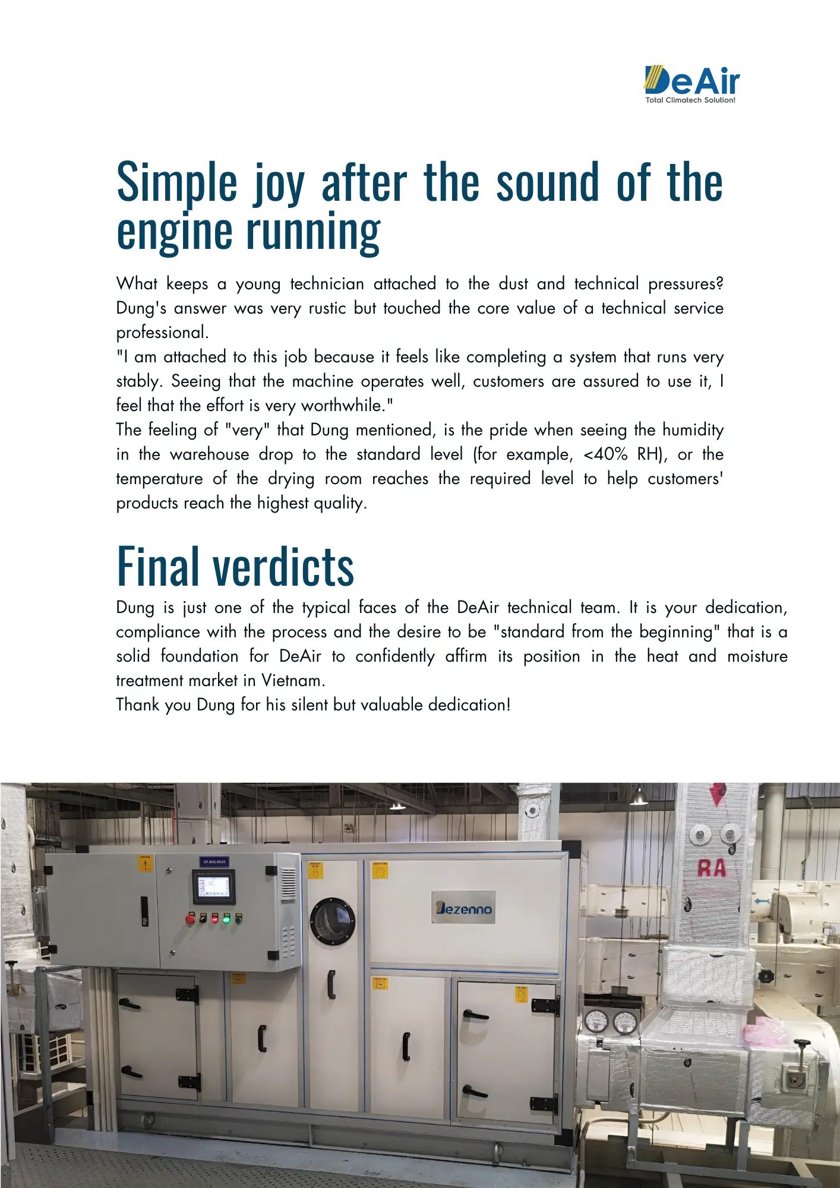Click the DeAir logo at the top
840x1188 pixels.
692,80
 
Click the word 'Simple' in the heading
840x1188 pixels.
177,183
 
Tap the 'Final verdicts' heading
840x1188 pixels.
235,566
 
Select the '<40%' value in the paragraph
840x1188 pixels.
605,454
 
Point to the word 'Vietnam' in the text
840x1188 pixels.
293,680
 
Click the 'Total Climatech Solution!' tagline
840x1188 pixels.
690,100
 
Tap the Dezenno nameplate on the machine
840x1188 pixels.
463,907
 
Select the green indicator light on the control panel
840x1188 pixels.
226,920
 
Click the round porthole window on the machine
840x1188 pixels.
333,921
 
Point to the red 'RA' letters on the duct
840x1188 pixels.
712,868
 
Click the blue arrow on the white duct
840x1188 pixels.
762,901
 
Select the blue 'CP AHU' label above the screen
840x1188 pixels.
214,861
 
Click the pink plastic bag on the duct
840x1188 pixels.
762,1031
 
